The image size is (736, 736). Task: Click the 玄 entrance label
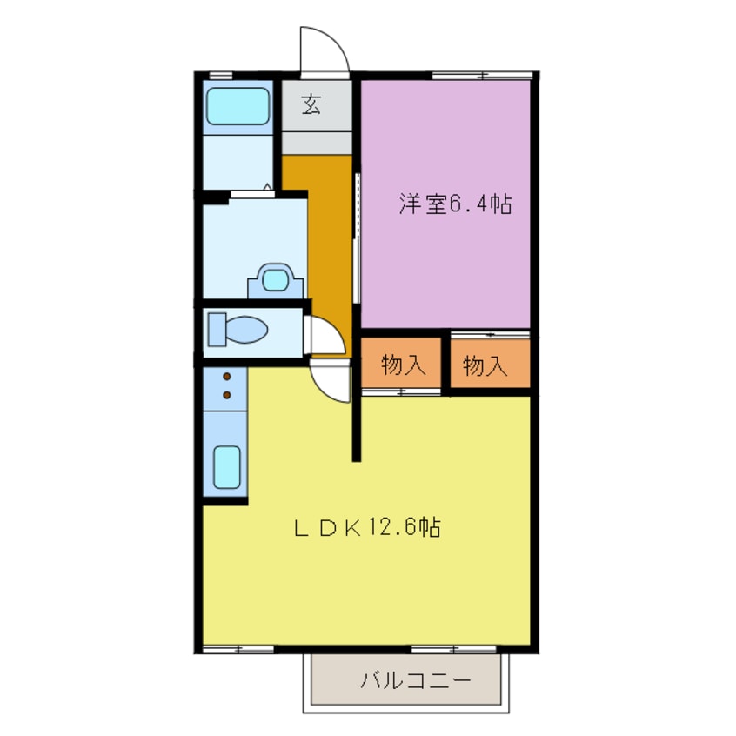(311, 105)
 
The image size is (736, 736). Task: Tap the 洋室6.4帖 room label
(454, 205)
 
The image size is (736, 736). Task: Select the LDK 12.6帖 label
(365, 527)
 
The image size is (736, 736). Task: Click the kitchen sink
(226, 467)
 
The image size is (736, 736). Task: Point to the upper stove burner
(227, 377)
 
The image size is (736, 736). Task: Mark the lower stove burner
(227, 395)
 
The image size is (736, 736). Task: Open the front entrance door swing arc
(324, 50)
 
